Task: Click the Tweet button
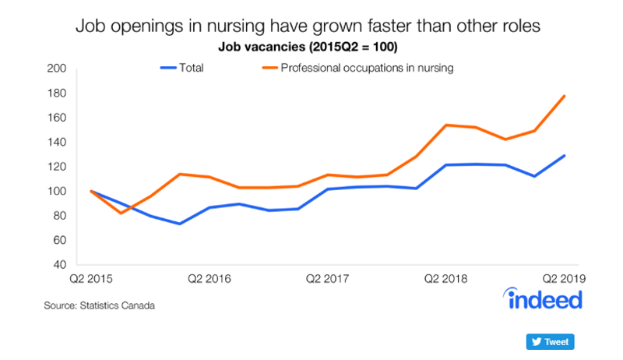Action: (x=550, y=342)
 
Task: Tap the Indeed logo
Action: (x=543, y=298)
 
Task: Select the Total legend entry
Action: (x=182, y=68)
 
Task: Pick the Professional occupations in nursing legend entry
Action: (x=357, y=68)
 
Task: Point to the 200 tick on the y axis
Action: (x=56, y=69)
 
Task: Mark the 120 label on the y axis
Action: (x=56, y=167)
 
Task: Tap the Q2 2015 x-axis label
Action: (x=91, y=279)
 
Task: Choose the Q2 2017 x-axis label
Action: (x=327, y=279)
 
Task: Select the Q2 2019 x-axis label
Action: (x=564, y=279)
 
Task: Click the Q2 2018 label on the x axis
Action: (x=445, y=279)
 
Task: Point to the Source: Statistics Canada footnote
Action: (x=100, y=305)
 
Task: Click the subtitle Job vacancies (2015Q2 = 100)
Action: (x=308, y=47)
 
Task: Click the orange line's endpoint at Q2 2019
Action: (x=564, y=96)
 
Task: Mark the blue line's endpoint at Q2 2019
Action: (x=564, y=156)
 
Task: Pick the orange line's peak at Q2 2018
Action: (x=446, y=125)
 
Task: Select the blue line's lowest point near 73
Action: (x=180, y=224)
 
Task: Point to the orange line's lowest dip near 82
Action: (x=121, y=214)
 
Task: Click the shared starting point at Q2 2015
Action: (x=91, y=191)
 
